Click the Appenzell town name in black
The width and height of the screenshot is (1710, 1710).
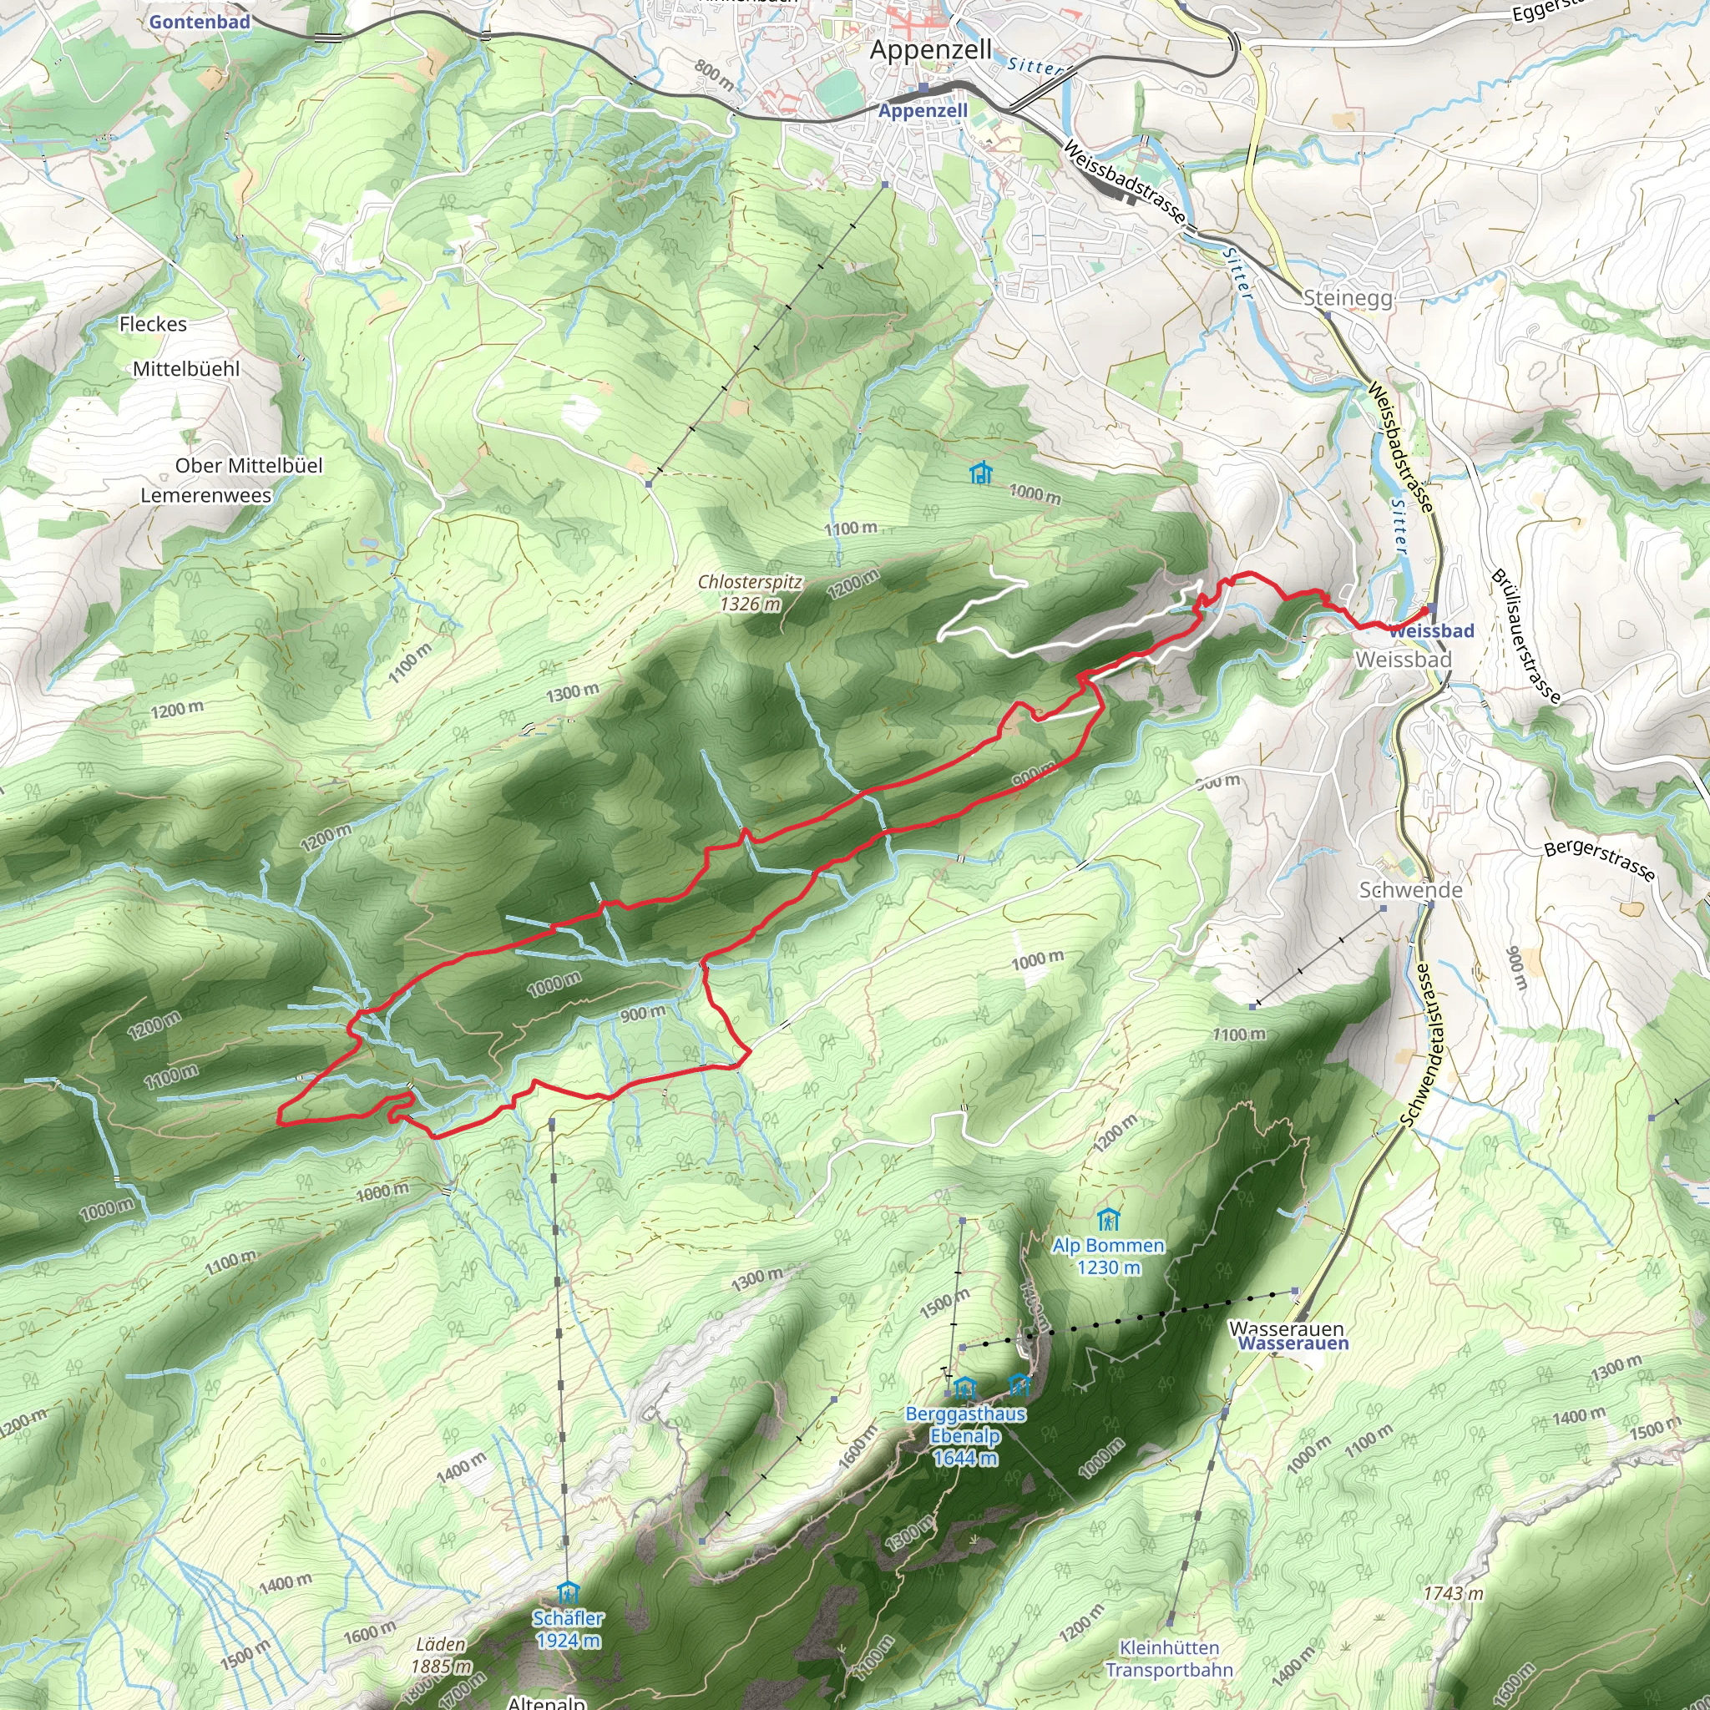(x=930, y=50)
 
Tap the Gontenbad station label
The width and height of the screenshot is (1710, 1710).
(x=200, y=23)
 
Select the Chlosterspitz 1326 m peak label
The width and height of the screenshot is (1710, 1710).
(x=750, y=593)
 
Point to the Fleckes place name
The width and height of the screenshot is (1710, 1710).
(x=153, y=324)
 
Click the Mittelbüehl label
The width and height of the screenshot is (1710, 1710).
(x=186, y=368)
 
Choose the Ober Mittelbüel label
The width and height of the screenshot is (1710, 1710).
(x=249, y=466)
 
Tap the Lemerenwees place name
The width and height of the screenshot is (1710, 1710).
(x=206, y=496)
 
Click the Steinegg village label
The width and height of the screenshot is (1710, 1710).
(x=1348, y=298)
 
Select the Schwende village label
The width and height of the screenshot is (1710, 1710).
(x=1410, y=890)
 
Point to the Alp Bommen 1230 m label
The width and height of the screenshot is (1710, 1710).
(x=1108, y=1256)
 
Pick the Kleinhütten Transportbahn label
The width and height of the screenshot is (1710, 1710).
(x=1169, y=1659)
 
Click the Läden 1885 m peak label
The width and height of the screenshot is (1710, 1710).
(x=441, y=1655)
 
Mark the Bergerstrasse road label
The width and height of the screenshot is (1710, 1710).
(x=1598, y=860)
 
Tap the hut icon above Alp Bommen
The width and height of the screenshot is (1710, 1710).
(x=1108, y=1221)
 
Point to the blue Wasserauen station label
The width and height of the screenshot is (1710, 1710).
(x=1293, y=1343)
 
